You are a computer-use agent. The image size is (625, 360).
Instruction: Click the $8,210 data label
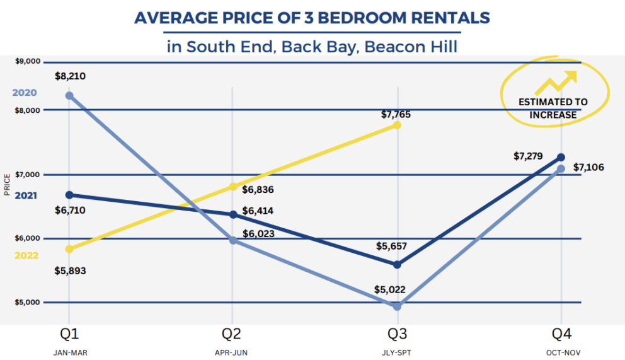(70, 76)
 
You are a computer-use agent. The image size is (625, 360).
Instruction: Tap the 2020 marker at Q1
(69, 96)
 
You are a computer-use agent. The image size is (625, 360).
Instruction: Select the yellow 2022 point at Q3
(396, 125)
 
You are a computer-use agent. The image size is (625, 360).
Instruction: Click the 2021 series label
(26, 196)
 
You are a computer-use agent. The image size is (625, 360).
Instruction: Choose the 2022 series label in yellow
(26, 256)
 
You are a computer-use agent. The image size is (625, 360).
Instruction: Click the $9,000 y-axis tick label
(27, 61)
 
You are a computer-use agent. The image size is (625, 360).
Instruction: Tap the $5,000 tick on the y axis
(27, 302)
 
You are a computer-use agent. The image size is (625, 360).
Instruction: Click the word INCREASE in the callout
(553, 115)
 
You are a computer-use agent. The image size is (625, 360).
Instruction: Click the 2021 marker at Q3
(397, 264)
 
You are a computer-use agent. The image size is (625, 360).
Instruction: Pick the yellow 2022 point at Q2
(233, 186)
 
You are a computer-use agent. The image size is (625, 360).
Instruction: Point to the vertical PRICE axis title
(7, 185)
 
